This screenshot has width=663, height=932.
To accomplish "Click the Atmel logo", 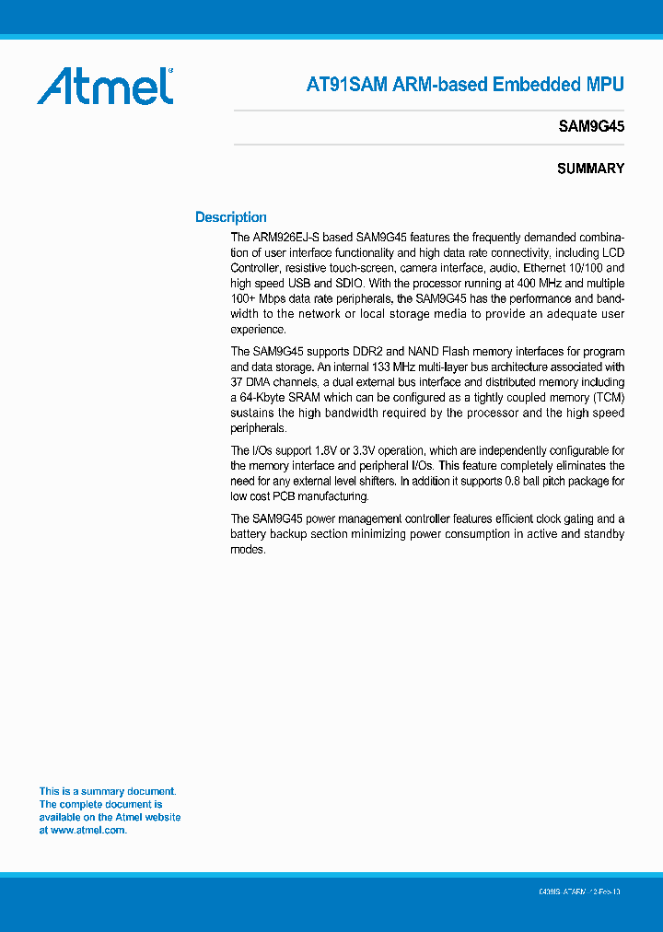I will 105,86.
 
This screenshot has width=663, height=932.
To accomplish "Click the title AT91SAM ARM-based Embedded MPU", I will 465,85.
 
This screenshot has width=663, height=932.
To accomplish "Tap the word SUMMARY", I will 590,169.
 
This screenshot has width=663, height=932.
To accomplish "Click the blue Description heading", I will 231,217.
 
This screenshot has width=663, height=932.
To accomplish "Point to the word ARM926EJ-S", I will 284,237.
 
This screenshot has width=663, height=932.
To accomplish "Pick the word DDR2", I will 372,352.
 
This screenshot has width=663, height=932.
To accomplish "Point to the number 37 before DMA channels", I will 238,382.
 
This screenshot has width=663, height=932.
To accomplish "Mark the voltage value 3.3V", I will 370,450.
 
